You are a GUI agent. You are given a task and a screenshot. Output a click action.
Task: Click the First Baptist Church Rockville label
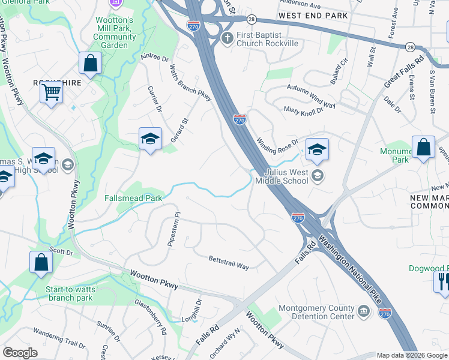pyautogui.click(x=267, y=39)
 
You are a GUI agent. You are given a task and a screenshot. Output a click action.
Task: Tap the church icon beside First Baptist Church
pyautogui.click(x=227, y=39)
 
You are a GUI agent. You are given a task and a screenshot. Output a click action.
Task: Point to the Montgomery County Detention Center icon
pyautogui.click(x=363, y=311)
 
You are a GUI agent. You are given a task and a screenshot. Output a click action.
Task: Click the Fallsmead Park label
pyautogui.click(x=133, y=197)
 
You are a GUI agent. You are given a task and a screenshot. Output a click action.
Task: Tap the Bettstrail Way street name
pyautogui.click(x=229, y=263)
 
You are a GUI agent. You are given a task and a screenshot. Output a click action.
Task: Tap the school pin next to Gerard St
pyautogui.click(x=149, y=139)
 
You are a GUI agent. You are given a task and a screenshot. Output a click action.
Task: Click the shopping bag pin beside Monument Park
pyautogui.click(x=423, y=148)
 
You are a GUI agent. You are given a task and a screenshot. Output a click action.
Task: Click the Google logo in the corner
pyautogui.click(x=20, y=353)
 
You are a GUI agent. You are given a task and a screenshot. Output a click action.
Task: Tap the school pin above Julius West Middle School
pyautogui.click(x=316, y=149)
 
